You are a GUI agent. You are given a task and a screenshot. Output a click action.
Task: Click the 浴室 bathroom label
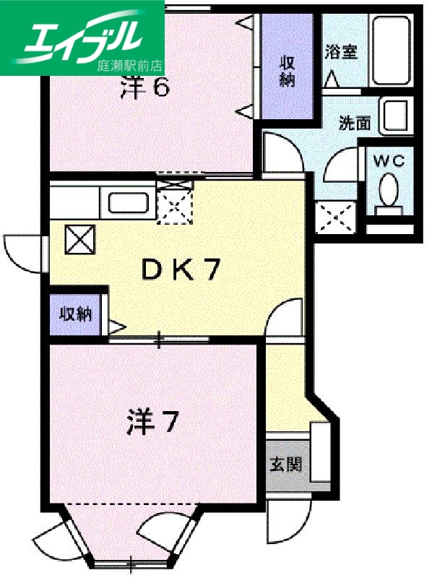[x=341, y=52]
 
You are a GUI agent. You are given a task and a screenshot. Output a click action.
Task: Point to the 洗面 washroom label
[x=355, y=124]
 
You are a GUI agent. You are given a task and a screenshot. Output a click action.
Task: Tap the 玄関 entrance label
[x=286, y=465]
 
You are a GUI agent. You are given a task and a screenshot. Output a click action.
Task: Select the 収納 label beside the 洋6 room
[x=288, y=70]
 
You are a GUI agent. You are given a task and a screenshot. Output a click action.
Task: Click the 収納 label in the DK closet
[x=75, y=314]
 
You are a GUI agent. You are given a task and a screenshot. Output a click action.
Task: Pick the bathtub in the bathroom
[x=390, y=48]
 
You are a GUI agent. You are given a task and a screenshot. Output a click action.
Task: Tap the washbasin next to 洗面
[x=397, y=116]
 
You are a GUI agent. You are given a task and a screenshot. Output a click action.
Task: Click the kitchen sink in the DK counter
[x=129, y=201]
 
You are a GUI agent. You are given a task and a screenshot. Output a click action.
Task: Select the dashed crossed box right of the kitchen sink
[x=176, y=202]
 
